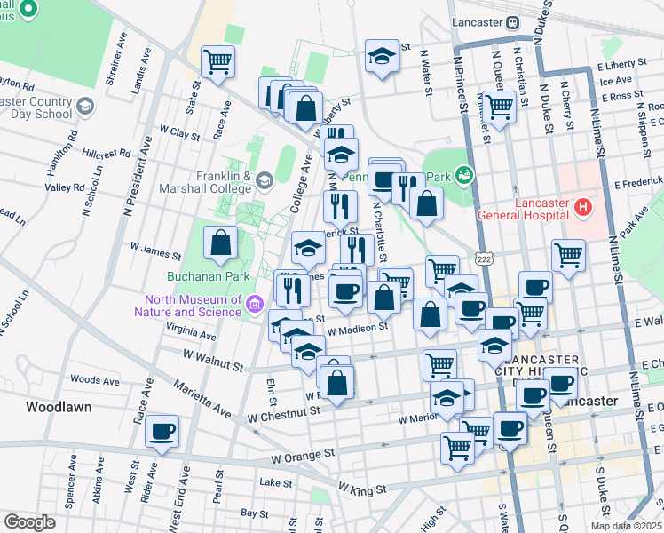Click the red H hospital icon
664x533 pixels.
pyautogui.click(x=582, y=208)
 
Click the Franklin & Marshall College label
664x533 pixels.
pyautogui.click(x=206, y=182)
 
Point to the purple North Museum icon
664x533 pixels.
pyautogui.click(x=254, y=305)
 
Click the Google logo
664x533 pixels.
pyautogui.click(x=29, y=521)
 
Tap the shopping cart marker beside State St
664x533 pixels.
pyautogui.click(x=217, y=62)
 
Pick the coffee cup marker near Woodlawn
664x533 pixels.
pyautogui.click(x=162, y=432)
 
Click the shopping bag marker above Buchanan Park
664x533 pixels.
pyautogui.click(x=220, y=242)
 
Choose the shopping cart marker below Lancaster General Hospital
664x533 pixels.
pyautogui.click(x=568, y=256)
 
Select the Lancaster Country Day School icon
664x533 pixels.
pyautogui.click(x=85, y=107)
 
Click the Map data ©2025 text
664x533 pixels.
pyautogui.click(x=625, y=526)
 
